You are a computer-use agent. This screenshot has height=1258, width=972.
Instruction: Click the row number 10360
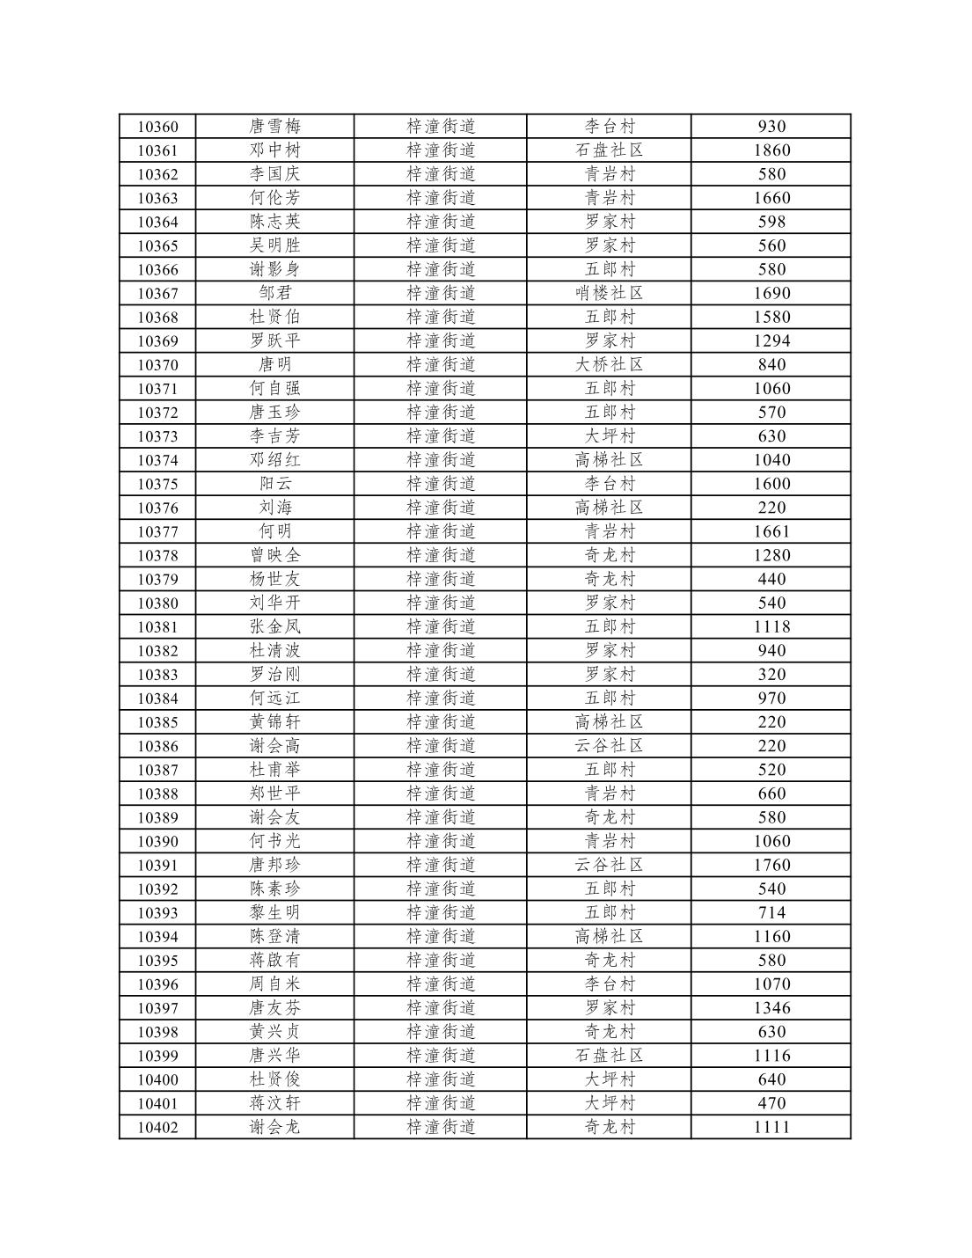click(x=157, y=127)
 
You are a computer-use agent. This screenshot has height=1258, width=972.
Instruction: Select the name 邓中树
click(x=274, y=150)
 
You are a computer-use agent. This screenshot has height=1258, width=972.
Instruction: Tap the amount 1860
click(x=771, y=150)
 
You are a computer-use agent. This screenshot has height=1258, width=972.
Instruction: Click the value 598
click(x=771, y=222)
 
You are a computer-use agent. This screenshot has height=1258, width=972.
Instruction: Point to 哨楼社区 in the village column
click(x=609, y=293)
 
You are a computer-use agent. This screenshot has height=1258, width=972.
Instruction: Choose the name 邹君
click(x=274, y=293)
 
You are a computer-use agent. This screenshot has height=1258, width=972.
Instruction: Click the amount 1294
click(x=771, y=340)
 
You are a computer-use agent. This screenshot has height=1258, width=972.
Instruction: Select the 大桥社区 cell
click(x=609, y=364)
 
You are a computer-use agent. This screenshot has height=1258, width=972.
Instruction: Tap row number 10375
click(x=157, y=484)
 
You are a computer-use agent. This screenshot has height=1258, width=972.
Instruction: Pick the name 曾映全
click(x=274, y=555)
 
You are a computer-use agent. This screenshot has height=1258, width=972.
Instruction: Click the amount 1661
click(x=771, y=531)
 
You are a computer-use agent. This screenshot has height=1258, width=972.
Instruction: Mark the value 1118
click(x=771, y=626)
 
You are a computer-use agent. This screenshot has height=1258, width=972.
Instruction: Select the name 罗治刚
click(x=274, y=674)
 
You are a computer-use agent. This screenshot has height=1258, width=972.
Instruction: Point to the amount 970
click(x=771, y=698)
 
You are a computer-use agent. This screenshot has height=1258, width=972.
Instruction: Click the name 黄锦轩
click(x=274, y=721)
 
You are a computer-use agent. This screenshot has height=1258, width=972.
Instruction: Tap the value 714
click(x=771, y=912)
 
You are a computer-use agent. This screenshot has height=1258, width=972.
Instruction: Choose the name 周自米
click(x=274, y=984)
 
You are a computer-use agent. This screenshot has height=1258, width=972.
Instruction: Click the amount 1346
click(x=771, y=1007)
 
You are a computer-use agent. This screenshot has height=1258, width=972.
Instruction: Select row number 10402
click(x=157, y=1127)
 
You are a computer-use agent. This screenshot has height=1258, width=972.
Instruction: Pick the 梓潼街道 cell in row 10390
click(x=441, y=841)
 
